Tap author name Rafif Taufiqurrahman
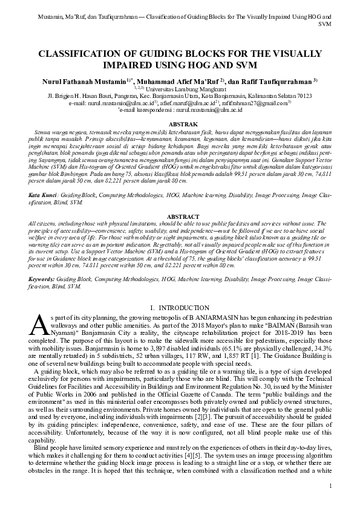(280, 80)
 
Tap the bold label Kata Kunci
(42, 197)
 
